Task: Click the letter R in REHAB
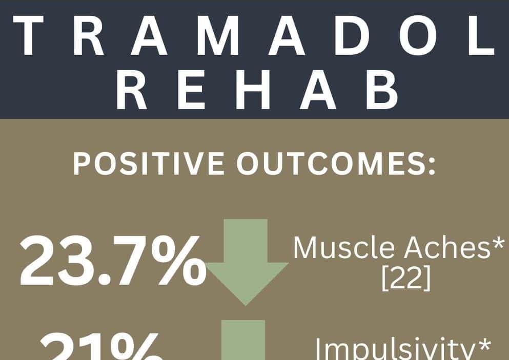point(133,91)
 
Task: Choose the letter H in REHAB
point(255,91)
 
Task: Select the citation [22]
point(405,280)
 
